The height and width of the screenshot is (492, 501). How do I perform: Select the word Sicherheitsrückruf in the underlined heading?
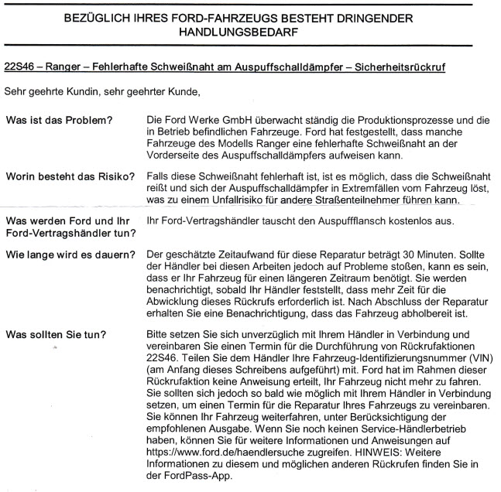(x=412, y=69)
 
